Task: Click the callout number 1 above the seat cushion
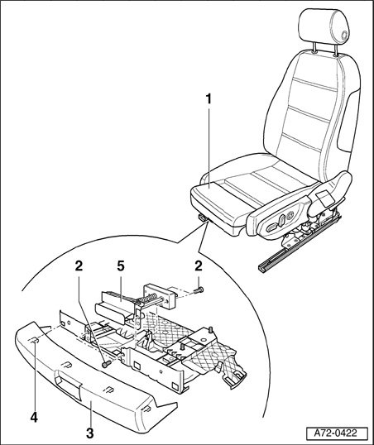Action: point(209,99)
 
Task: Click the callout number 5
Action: point(121,266)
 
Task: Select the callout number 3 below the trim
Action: point(89,433)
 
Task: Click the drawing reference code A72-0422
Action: point(337,433)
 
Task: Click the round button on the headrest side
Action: point(344,36)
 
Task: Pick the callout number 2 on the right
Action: point(199,266)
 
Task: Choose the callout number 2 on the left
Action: point(79,266)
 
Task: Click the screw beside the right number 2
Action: point(199,290)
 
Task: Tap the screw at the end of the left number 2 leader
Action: point(106,364)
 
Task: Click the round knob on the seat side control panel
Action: point(290,216)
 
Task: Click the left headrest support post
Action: point(315,48)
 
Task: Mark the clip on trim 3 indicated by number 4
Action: point(33,340)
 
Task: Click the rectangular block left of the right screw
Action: point(160,297)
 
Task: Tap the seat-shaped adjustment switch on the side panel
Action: point(281,220)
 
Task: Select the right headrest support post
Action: point(336,50)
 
